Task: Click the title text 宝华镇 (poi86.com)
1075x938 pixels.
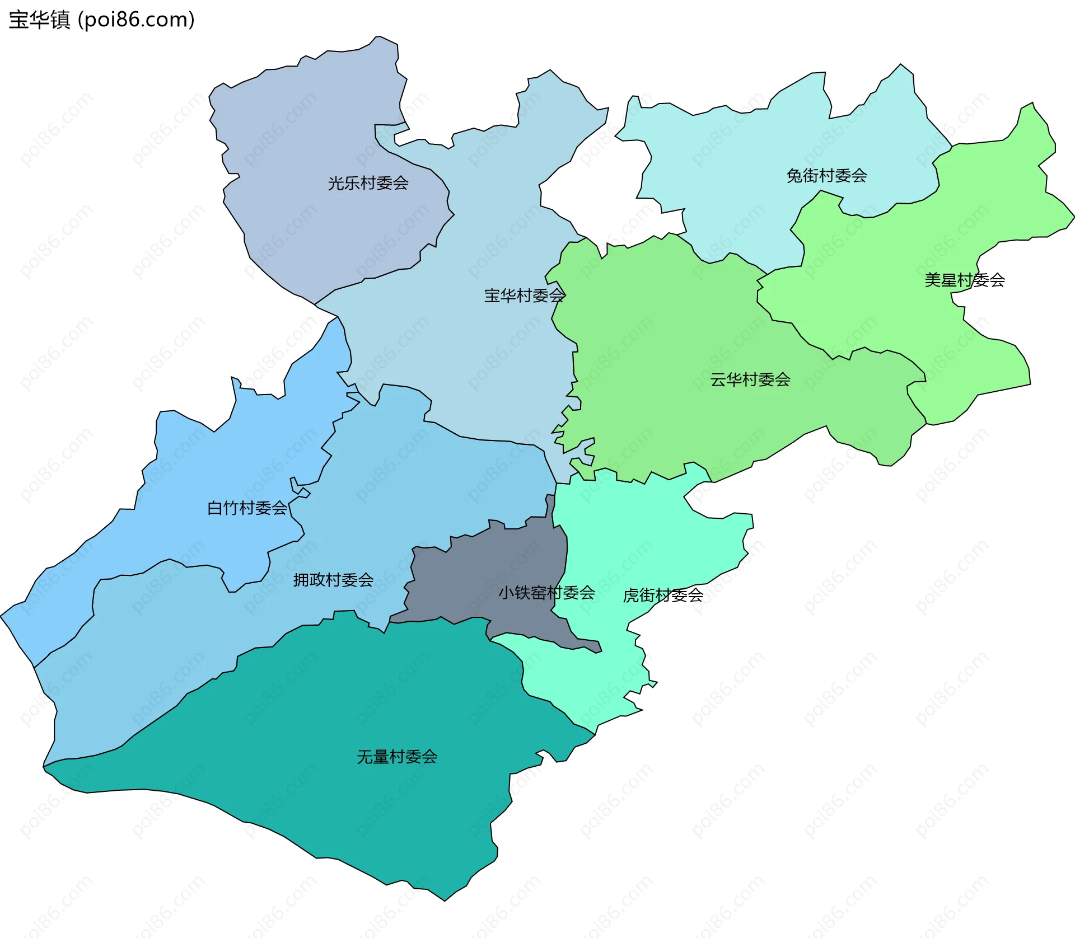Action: click(101, 20)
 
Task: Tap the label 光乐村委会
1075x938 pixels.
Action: click(368, 183)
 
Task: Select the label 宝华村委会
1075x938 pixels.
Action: click(524, 296)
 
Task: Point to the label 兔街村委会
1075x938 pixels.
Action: click(826, 176)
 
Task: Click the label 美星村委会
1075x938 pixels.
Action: click(964, 280)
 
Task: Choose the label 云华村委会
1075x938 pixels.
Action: click(750, 380)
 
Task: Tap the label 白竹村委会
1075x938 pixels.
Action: click(247, 508)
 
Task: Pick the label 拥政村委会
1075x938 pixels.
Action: click(333, 580)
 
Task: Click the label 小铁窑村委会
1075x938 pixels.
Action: click(546, 593)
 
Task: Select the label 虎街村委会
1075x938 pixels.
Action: click(663, 595)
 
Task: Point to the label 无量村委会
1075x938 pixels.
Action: click(397, 757)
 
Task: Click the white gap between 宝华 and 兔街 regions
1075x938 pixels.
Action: click(599, 190)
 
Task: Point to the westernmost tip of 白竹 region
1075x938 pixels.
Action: click(1, 617)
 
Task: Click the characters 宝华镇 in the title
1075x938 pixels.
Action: click(39, 20)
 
